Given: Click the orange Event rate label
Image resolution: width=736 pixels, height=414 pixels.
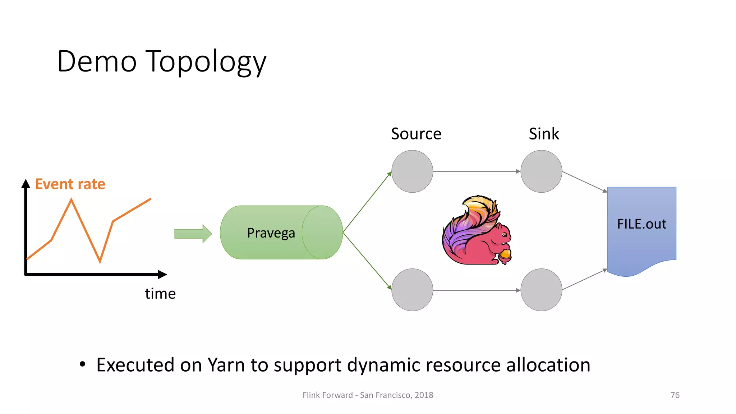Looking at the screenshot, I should click(70, 184).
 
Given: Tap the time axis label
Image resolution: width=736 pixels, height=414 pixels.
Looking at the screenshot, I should click(160, 294).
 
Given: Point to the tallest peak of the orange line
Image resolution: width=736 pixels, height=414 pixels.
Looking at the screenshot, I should click(72, 200).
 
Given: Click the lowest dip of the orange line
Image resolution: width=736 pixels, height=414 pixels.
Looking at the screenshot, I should click(100, 261).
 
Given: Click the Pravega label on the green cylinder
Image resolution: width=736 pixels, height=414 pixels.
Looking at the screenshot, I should click(271, 233).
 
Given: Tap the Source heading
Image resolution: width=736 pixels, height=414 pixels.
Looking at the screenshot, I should click(416, 134).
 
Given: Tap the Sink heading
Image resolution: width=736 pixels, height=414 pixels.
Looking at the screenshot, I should click(544, 134).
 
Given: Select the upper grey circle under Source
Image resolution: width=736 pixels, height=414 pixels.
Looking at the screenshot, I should click(412, 171).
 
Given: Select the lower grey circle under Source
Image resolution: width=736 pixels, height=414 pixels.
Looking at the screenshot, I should click(412, 290).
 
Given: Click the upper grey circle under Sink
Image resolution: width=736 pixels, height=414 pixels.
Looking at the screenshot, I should click(541, 171).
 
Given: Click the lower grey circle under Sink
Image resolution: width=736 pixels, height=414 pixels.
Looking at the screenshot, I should click(541, 290).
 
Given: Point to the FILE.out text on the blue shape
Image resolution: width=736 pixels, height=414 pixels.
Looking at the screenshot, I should click(641, 224).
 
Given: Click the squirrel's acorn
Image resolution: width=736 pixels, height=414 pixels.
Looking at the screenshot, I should click(505, 255).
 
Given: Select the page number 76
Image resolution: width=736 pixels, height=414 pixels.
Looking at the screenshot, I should click(675, 395).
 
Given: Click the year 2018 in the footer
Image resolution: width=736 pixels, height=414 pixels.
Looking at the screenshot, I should click(424, 395).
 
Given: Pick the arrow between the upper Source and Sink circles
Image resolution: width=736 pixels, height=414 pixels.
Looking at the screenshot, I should click(477, 171).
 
